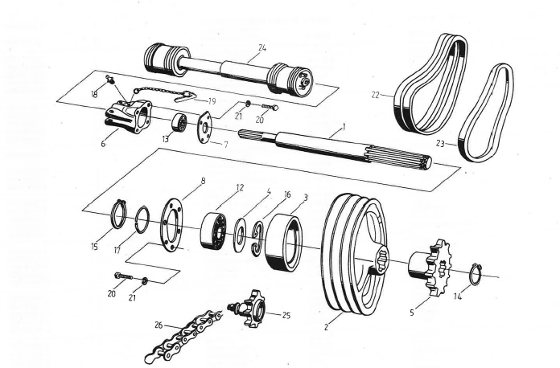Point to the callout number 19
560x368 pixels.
212,101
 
